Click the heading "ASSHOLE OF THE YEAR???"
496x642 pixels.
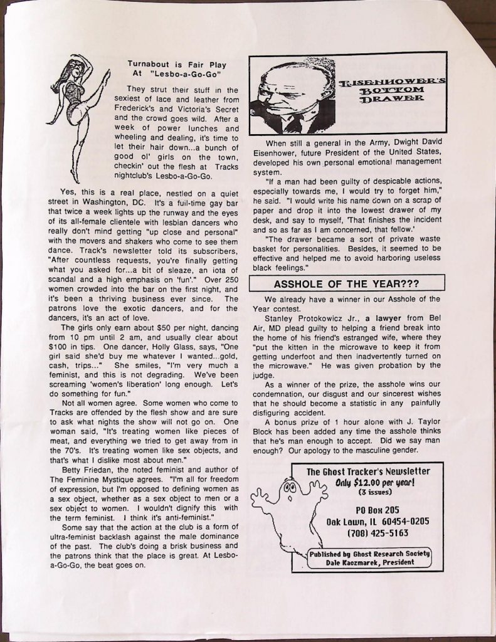(x=346, y=283)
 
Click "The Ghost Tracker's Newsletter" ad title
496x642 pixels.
(x=368, y=471)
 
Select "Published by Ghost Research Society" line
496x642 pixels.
(x=370, y=553)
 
